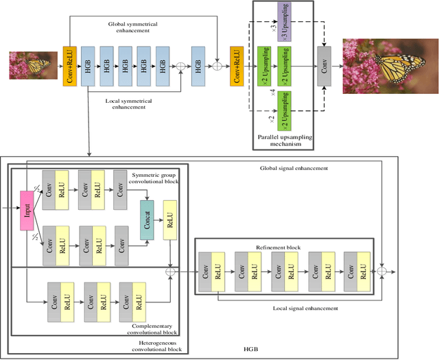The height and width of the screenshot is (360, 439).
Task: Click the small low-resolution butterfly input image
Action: (29, 66)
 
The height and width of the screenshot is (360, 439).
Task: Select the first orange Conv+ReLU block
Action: (69, 66)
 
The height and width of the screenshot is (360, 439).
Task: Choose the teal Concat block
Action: (147, 219)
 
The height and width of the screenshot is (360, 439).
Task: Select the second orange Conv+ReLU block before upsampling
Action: (236, 67)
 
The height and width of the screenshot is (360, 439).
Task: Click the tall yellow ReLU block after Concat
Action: (169, 221)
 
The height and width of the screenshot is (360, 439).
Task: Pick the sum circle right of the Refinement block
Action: (383, 272)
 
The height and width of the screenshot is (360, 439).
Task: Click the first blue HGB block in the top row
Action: (88, 67)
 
